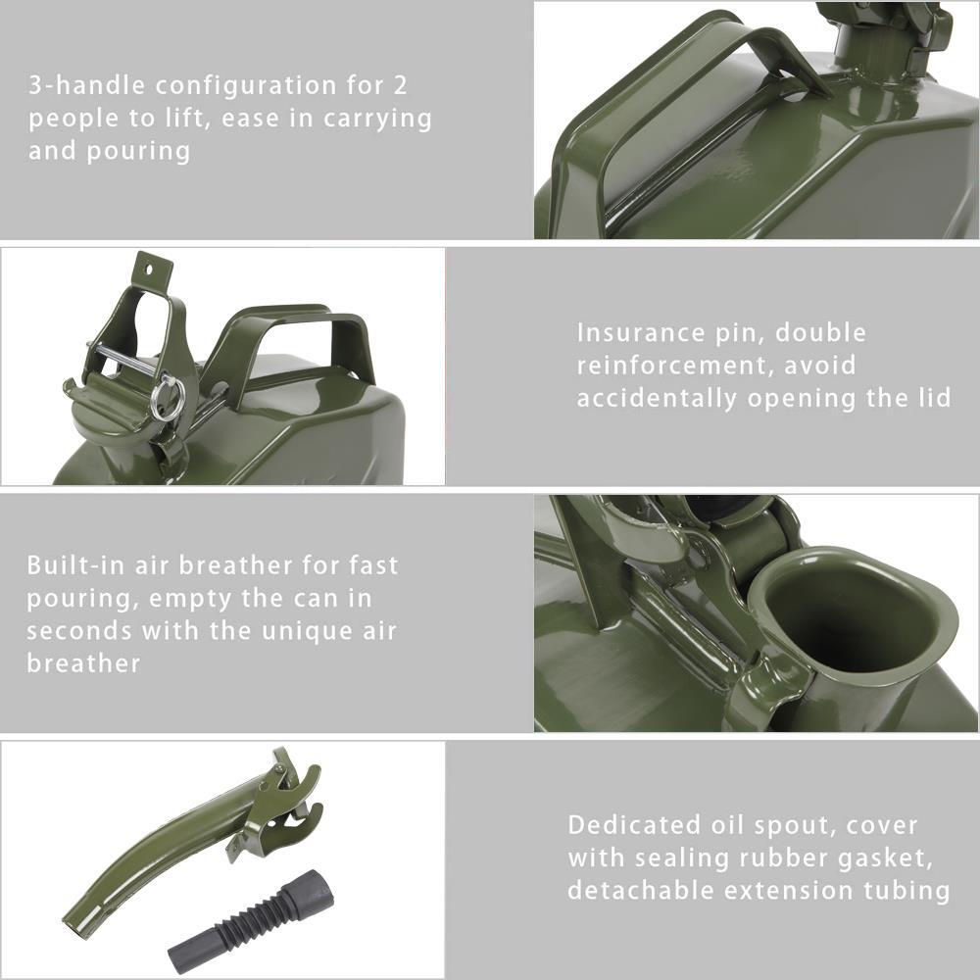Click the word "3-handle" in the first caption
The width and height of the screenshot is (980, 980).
click(x=85, y=85)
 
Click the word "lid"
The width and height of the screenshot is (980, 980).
click(x=931, y=399)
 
